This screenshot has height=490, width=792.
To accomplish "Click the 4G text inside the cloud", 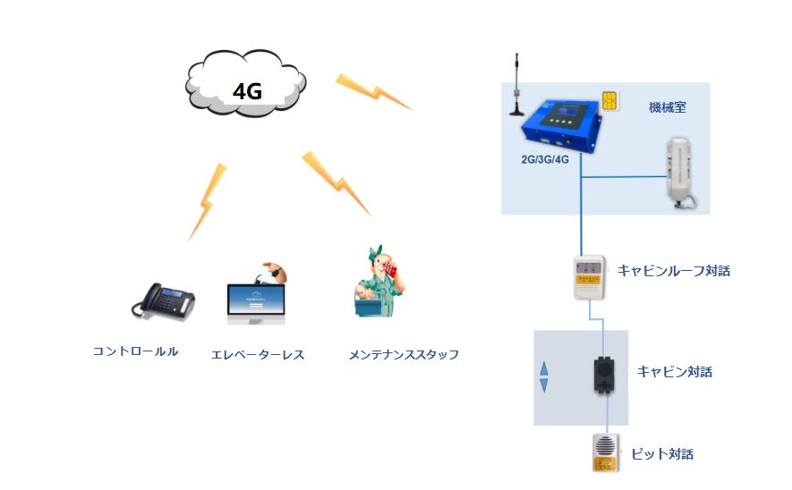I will click(248, 90).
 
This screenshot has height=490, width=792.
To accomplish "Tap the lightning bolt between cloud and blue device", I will click(373, 92).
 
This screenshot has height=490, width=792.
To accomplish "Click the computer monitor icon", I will click(258, 301).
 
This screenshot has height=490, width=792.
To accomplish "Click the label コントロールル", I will click(136, 351).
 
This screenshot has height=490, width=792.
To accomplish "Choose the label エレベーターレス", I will click(258, 354).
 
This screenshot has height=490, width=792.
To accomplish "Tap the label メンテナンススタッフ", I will click(404, 354).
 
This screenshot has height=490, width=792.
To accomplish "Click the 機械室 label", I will click(667, 107).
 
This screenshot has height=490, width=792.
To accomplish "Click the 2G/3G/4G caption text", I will click(547, 159).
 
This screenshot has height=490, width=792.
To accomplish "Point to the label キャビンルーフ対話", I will click(674, 270).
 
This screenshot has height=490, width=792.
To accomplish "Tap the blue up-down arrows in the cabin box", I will click(542, 376).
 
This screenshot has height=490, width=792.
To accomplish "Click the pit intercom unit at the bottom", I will click(606, 452).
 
